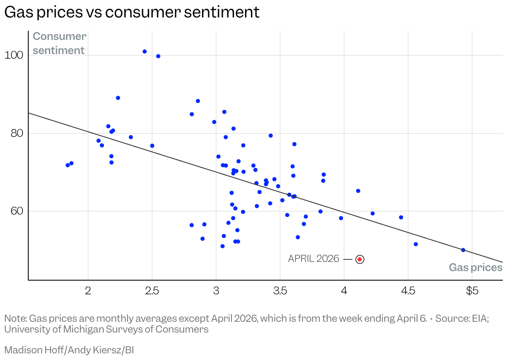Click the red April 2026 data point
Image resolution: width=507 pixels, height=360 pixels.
tap(360, 259)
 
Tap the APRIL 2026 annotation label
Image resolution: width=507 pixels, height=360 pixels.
tap(313, 259)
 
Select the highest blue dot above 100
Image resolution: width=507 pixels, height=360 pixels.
tap(145, 52)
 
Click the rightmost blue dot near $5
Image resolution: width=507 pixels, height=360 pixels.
tap(463, 250)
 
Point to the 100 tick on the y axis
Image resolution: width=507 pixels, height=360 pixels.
tap(15, 55)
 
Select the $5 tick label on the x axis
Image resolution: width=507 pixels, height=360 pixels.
tap(472, 291)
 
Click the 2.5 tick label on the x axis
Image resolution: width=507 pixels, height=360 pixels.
tap(152, 291)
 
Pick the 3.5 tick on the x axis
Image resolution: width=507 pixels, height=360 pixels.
tap(280, 291)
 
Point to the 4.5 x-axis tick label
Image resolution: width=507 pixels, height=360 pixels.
tap(408, 291)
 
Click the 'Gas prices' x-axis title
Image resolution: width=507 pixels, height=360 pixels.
tap(476, 267)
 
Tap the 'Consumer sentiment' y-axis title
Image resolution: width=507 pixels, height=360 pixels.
tap(59, 43)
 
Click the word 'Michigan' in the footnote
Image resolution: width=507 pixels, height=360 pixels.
tap(78, 329)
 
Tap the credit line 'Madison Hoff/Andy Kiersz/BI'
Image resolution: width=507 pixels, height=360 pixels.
tap(69, 350)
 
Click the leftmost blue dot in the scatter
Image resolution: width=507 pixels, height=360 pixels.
tap(68, 165)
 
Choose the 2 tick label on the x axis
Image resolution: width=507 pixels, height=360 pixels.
tap(88, 291)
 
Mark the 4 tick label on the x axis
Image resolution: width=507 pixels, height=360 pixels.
tap(344, 291)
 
